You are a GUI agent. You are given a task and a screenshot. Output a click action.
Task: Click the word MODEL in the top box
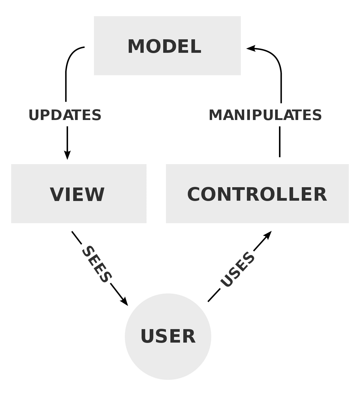click(x=164, y=46)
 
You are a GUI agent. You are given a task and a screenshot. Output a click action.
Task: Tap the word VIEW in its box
click(x=77, y=194)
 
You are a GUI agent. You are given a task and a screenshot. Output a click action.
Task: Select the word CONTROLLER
click(x=257, y=194)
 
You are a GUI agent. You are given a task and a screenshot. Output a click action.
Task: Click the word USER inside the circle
click(x=168, y=336)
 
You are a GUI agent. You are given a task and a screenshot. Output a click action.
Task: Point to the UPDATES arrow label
click(x=65, y=115)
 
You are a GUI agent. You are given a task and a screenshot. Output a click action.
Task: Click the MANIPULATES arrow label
click(x=265, y=115)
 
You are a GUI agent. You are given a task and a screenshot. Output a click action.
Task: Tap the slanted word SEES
click(x=97, y=264)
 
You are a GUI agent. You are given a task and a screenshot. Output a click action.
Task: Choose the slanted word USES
click(x=237, y=269)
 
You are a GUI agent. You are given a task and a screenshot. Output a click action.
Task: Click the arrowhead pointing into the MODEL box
click(x=251, y=48)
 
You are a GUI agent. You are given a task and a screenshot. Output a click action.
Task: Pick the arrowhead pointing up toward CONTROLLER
click(x=268, y=235)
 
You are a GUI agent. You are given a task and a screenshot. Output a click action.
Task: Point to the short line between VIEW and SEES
click(x=76, y=237)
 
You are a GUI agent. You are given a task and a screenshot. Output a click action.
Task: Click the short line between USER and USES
click(x=214, y=295)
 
